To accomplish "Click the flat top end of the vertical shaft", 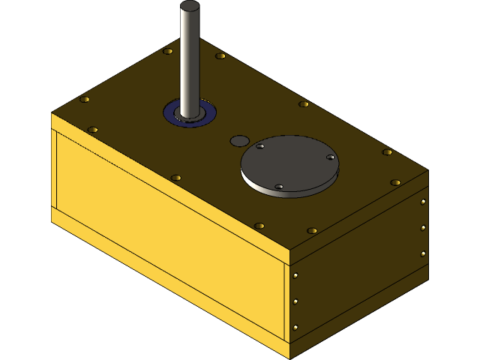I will (190, 6).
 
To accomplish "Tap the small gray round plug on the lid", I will (239, 140).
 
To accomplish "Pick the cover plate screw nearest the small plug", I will (260, 146).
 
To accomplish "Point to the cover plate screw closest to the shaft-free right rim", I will (330, 157).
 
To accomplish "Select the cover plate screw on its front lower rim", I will (279, 187).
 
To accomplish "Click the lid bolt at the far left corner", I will (85, 100).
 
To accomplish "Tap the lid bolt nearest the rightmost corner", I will (395, 182).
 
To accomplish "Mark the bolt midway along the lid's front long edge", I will (176, 178).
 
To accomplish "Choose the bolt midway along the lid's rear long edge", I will (304, 104).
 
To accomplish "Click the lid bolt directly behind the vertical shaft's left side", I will (168, 52).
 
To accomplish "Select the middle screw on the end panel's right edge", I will (423, 227).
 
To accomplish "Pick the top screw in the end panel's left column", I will (296, 275).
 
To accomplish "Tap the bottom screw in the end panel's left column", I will (296, 328).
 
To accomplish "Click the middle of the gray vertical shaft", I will (190, 60).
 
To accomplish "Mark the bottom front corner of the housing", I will (290, 358).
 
